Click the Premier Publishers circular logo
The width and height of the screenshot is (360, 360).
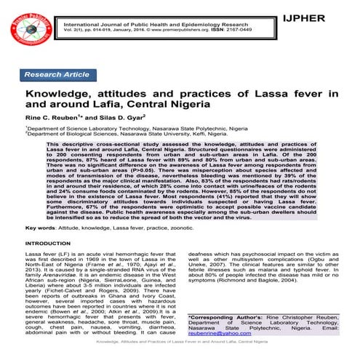(28, 31)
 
